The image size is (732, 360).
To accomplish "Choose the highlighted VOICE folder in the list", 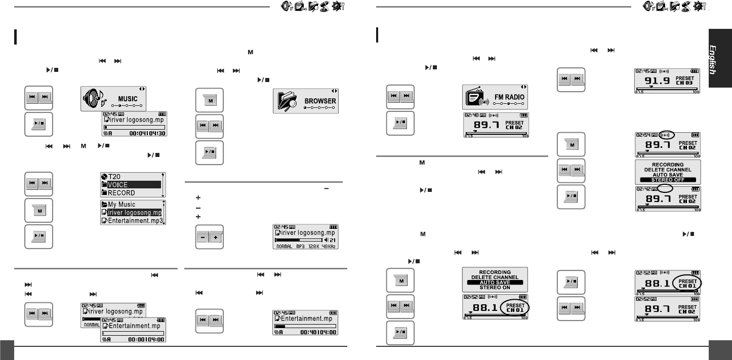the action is click(118, 185).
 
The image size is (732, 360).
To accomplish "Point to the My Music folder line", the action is click(121, 205).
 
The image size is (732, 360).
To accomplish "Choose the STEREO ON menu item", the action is click(495, 287).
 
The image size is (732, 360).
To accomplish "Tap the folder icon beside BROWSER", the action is click(287, 101).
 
